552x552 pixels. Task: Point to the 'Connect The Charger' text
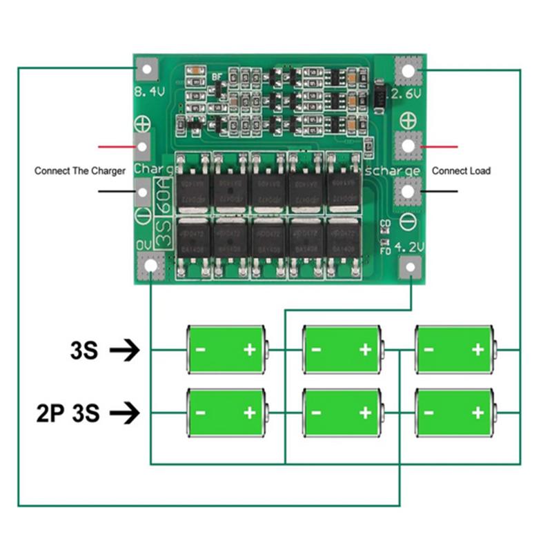coord(80,170)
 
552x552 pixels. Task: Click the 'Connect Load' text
coord(461,170)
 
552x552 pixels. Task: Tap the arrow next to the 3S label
coord(124,351)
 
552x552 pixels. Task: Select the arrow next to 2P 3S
coord(124,413)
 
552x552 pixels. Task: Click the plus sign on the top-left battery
coord(249,350)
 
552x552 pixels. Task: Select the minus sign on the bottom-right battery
coord(428,413)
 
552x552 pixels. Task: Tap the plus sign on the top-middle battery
coord(365,350)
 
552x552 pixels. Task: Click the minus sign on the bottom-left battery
coord(200,413)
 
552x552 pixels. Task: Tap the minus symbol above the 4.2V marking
coord(407,222)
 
